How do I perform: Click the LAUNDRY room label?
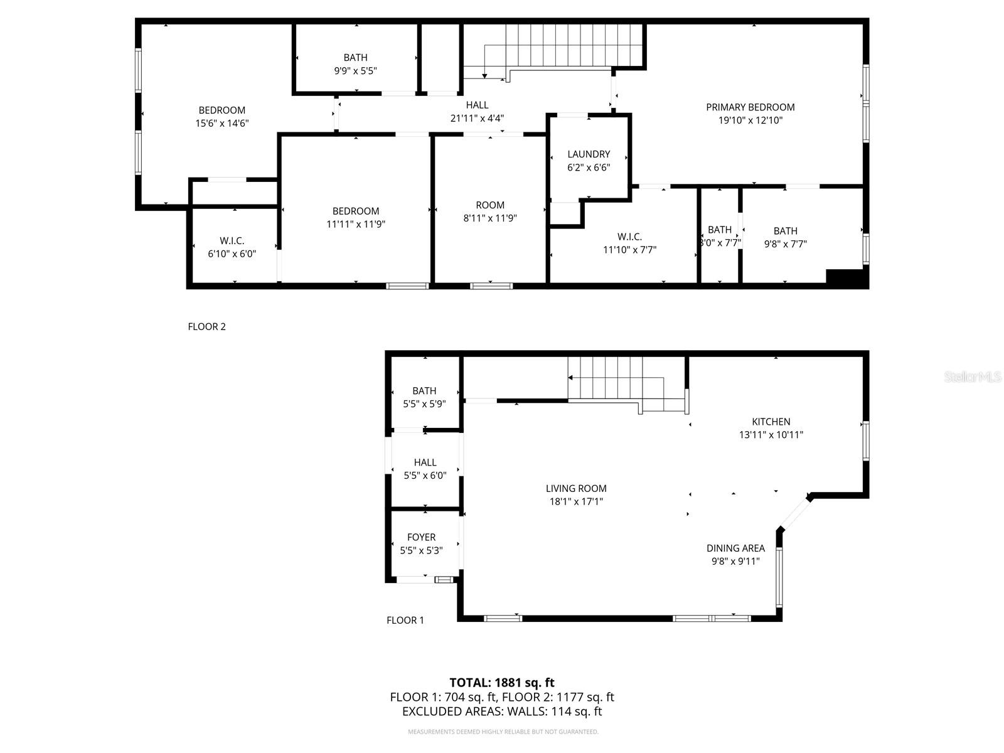[x=588, y=154]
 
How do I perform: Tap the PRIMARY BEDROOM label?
[x=750, y=107]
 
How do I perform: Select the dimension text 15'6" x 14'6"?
[x=222, y=124]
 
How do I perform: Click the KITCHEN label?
[x=771, y=422]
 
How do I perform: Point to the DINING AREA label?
[x=735, y=548]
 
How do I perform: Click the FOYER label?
[x=421, y=537]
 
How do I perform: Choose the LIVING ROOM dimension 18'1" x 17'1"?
[x=575, y=501]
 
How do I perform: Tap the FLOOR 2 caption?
[x=206, y=326]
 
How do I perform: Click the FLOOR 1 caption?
[x=405, y=620]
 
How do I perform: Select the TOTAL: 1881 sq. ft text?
[x=501, y=682]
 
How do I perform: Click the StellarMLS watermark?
[x=972, y=376]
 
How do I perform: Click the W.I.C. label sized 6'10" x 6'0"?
[x=232, y=241]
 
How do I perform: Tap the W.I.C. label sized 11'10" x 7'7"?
[x=629, y=237]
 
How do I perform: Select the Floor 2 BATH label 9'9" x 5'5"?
[x=355, y=58]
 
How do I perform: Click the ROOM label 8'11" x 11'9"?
[x=489, y=205]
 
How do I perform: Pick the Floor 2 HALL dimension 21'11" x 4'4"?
[x=477, y=118]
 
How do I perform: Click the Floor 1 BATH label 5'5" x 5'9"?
[x=424, y=391]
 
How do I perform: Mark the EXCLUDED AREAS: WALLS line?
[x=501, y=712]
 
